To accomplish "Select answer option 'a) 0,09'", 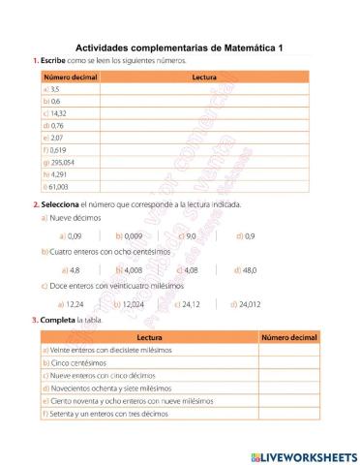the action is point(71,235).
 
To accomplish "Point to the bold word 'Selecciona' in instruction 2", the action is point(61,204).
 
